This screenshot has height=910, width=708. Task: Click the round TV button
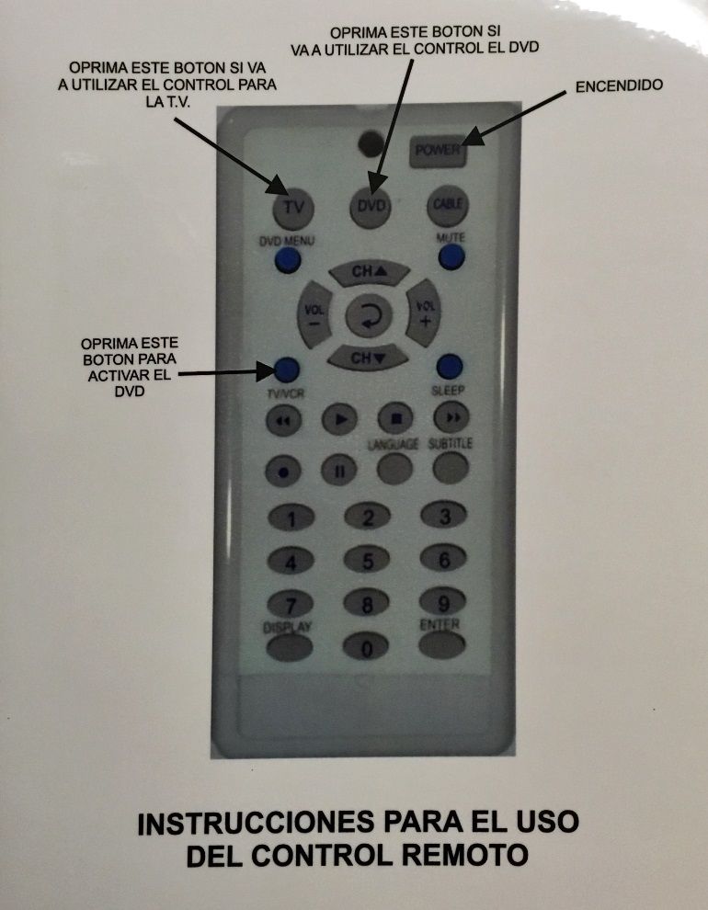click(x=293, y=208)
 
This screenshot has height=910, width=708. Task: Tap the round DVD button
click(x=371, y=206)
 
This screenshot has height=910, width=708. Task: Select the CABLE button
click(x=448, y=205)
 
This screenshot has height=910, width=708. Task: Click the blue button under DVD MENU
click(x=287, y=260)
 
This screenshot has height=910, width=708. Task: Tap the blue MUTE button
click(x=451, y=256)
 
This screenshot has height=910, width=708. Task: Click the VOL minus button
click(x=314, y=314)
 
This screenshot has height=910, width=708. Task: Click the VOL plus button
click(x=423, y=313)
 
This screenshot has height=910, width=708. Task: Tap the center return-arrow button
click(x=369, y=315)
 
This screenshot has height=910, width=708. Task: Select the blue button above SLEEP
click(x=450, y=367)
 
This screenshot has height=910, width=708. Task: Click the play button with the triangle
click(x=339, y=419)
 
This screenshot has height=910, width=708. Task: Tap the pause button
click(x=339, y=470)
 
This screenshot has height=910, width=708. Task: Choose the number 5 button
click(x=367, y=561)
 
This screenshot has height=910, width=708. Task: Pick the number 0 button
click(x=366, y=646)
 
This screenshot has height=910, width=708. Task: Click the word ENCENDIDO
click(x=619, y=85)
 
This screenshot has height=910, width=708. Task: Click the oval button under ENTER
click(x=441, y=644)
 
